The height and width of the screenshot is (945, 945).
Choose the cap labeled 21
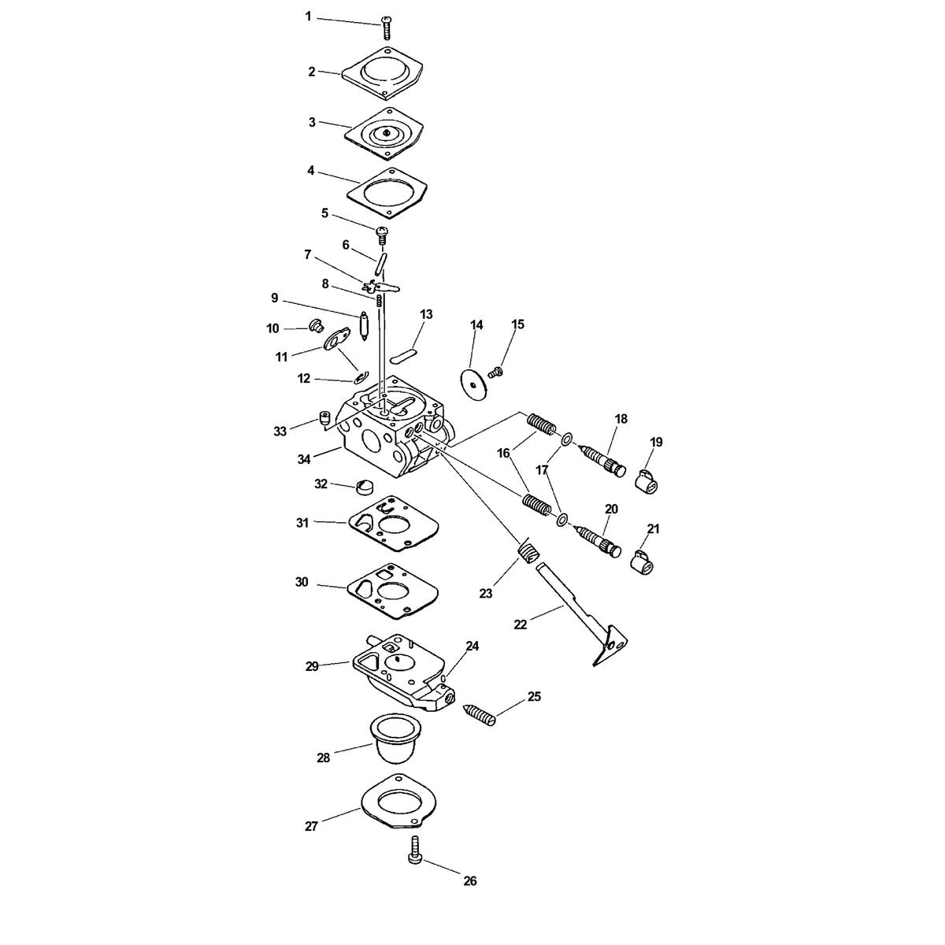pyautogui.click(x=643, y=561)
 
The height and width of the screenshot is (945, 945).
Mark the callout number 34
pyautogui.click(x=304, y=459)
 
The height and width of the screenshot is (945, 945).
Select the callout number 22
pyautogui.click(x=520, y=624)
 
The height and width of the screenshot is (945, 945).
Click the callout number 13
pyautogui.click(x=426, y=314)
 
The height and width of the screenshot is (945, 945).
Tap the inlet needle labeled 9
pyautogui.click(x=365, y=327)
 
